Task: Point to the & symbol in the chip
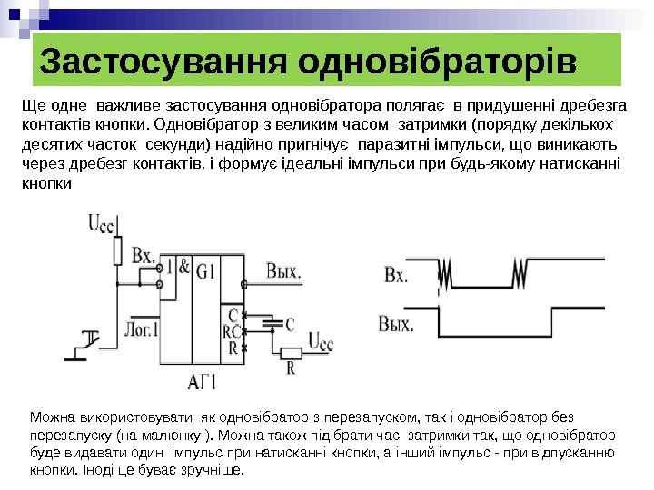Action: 184,268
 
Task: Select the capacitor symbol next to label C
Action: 270,322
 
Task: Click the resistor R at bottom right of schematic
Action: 290,353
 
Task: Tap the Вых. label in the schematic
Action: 285,269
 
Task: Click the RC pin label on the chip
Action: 232,331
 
